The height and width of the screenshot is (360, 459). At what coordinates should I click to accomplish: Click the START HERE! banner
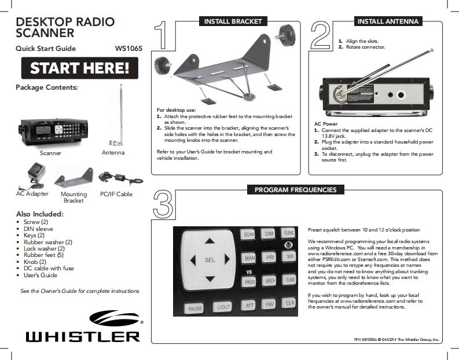pos(80,69)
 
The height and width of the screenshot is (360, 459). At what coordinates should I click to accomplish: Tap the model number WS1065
pos(129,49)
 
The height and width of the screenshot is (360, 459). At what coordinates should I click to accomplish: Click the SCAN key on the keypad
pos(249,234)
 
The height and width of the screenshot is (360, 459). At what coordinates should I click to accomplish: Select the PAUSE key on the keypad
pos(195,308)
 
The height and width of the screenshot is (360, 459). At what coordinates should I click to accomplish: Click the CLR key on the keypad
pos(290,303)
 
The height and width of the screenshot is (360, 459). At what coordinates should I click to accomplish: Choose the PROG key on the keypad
pos(249,281)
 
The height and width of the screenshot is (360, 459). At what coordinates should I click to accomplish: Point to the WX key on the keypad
pos(290,256)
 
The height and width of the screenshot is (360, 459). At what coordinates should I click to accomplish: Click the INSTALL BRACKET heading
pos(231,21)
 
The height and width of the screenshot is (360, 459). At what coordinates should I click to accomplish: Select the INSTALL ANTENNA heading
pos(387,21)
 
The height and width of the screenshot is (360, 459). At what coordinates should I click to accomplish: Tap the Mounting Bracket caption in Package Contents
pos(74,197)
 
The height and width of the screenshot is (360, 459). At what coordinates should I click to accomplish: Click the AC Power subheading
pos(325,124)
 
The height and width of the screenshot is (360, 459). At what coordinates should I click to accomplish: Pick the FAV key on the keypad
pos(270,303)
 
